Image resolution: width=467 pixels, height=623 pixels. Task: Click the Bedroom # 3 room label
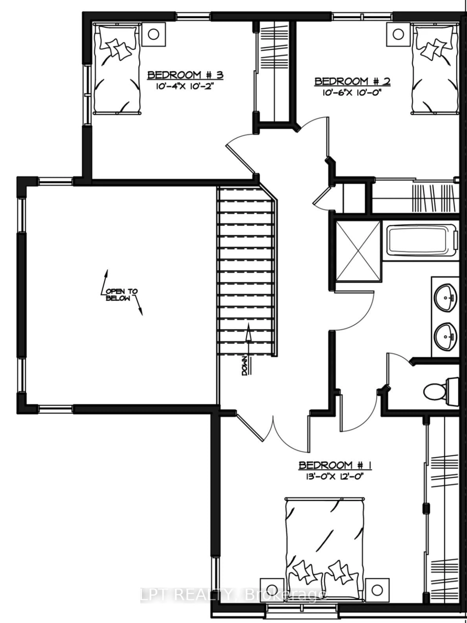point(185,75)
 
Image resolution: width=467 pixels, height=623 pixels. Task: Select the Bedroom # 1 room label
point(335,466)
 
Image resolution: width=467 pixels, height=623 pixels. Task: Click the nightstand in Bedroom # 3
point(154,34)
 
